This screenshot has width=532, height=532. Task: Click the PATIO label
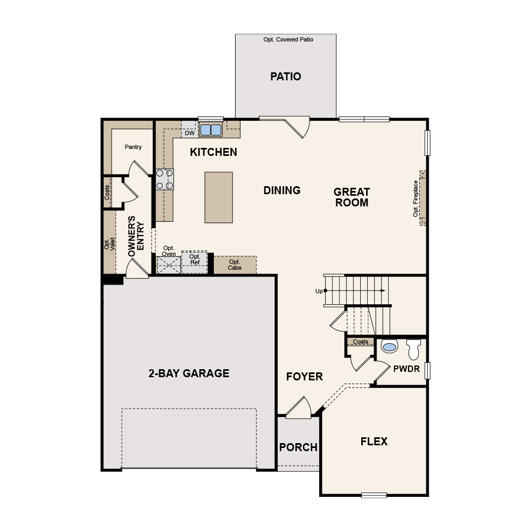coord(286,77)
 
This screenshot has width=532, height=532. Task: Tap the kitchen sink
coord(211,130)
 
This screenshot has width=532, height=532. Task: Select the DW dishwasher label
coord(189,133)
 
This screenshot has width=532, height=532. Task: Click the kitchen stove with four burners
coord(164,179)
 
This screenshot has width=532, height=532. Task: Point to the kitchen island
coord(219,197)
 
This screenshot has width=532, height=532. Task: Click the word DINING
coord(282,190)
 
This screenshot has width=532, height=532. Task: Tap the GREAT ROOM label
coord(352,197)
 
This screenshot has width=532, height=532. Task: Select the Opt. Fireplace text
coord(416,198)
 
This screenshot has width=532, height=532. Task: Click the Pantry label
coord(133,147)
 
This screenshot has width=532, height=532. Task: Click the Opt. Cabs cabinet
coord(235,264)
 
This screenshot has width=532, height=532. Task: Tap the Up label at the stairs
coord(319,291)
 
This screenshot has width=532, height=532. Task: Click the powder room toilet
coord(413,350)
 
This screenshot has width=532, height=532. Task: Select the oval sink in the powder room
coord(390,347)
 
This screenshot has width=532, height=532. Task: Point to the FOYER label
coord(304,377)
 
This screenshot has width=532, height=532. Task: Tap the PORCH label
coord(298,447)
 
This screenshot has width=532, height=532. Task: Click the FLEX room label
coord(374,442)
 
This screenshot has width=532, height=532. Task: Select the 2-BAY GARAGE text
coord(189,373)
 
